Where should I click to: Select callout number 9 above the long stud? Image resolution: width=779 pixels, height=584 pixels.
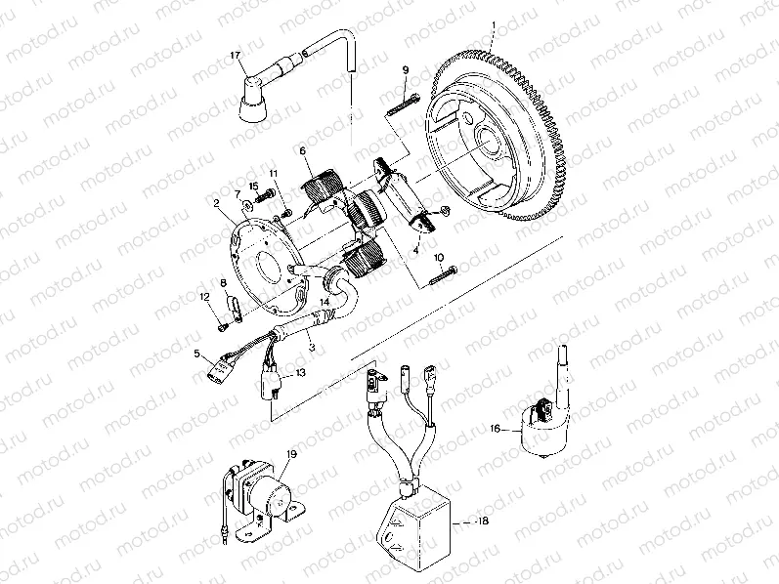click(405, 70)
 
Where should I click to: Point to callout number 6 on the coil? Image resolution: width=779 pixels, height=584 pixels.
click(303, 150)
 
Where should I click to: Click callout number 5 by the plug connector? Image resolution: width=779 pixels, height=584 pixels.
click(196, 353)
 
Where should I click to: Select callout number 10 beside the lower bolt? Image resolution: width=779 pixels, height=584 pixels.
click(439, 258)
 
